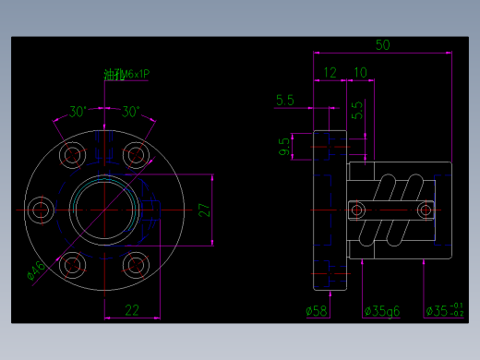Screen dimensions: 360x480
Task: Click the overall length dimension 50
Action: coord(383,44)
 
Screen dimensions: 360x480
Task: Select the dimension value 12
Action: coord(330,72)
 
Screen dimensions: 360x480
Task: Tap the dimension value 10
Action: coord(360,72)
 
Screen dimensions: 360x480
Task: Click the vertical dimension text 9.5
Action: coord(282,146)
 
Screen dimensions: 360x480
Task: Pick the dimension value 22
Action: coord(132,310)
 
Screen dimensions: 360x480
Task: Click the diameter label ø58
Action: coord(317,311)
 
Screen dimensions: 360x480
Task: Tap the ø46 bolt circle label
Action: coord(35,270)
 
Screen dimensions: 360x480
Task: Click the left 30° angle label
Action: coord(78,113)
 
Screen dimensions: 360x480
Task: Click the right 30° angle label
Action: coord(130,113)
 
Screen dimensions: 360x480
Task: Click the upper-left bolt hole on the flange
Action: coord(70,155)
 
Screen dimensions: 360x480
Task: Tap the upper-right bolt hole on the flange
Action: coord(136,155)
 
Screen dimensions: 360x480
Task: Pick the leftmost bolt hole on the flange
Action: coord(39,210)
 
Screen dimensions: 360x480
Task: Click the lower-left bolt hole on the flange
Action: coord(70,266)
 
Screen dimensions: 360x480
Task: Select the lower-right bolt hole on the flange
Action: coord(136,266)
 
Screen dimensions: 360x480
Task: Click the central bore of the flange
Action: coord(102,210)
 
